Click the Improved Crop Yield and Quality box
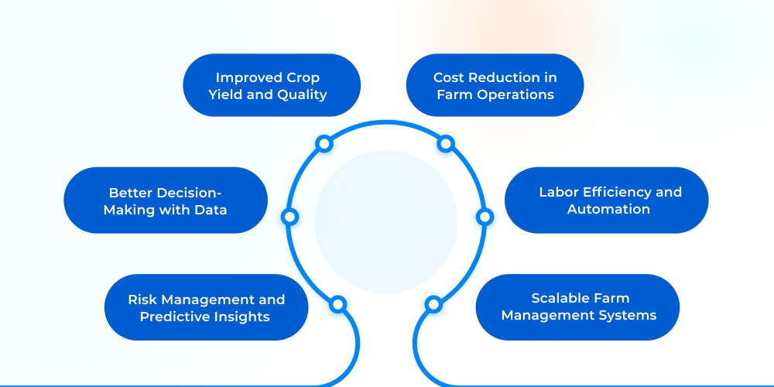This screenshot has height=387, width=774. point(272,85)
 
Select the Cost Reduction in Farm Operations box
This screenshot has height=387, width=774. point(495,85)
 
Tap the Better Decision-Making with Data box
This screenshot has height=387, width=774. point(166,200)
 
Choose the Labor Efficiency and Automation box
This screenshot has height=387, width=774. point(607,200)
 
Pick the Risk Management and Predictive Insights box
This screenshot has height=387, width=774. point(206,307)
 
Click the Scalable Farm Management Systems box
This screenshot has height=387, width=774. point(577,307)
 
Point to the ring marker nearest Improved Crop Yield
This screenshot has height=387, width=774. point(324,144)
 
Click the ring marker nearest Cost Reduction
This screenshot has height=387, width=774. point(445,144)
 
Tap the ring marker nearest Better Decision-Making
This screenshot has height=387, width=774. point(290,217)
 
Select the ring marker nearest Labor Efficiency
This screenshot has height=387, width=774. point(485,217)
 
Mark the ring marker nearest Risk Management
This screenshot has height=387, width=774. point(337,304)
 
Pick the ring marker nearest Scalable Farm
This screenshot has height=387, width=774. point(433,304)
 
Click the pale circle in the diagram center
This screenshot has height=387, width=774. point(386,221)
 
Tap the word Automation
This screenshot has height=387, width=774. point(608,209)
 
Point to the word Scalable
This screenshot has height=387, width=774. point(559,298)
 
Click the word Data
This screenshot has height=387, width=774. point(211,209)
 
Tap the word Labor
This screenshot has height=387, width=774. point(559,192)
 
